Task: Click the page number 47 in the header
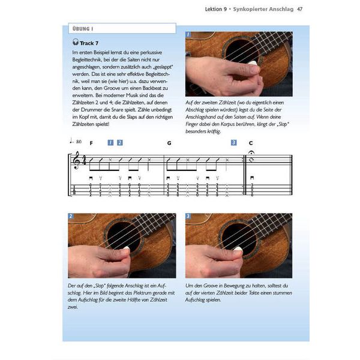pyautogui.click(x=299, y=9)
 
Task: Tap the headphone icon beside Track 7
pyautogui.click(x=74, y=43)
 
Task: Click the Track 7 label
pyautogui.click(x=89, y=43)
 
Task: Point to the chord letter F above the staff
pyautogui.click(x=92, y=143)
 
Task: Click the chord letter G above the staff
pyautogui.click(x=169, y=143)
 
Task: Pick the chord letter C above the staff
pyautogui.click(x=251, y=143)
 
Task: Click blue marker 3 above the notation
pyautogui.click(x=233, y=142)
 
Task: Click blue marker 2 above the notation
pyautogui.click(x=120, y=142)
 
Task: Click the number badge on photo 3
pyautogui.click(x=188, y=216)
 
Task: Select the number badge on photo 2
pyautogui.click(x=71, y=216)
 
